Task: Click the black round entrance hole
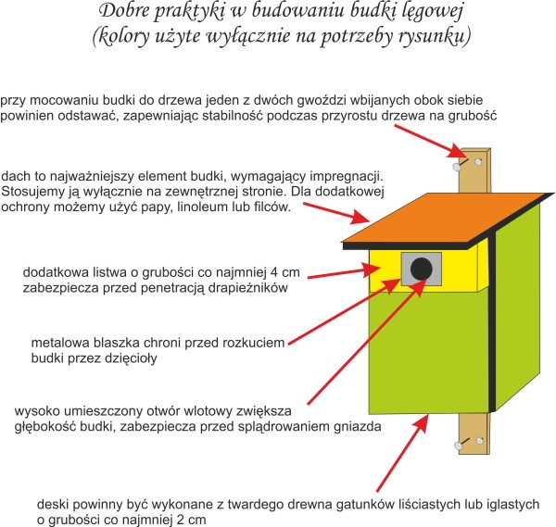tap(421, 269)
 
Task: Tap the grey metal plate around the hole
tap(408, 279)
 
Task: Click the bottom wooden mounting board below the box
tap(473, 435)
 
